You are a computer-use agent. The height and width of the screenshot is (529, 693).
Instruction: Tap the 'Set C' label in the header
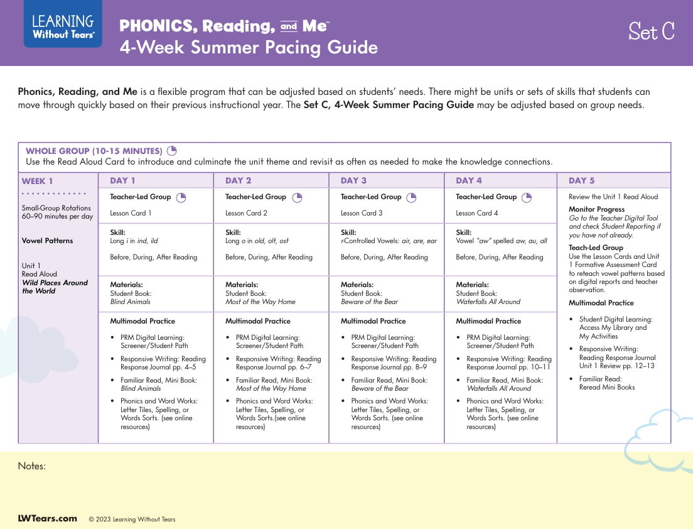(651, 31)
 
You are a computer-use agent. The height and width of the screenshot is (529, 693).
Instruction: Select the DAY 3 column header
(353, 180)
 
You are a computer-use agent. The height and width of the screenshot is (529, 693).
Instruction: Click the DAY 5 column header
(581, 180)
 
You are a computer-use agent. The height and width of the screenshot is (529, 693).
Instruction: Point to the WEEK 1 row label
(38, 182)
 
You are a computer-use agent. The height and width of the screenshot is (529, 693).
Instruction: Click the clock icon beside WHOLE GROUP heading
(172, 151)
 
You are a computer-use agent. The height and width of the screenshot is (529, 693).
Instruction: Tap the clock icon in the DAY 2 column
(297, 197)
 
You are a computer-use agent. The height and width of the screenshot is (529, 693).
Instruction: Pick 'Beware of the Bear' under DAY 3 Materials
(369, 302)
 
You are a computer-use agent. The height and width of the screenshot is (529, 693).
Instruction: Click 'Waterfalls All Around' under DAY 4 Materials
(488, 302)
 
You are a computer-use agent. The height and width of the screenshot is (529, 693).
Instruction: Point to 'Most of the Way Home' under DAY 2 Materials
(261, 302)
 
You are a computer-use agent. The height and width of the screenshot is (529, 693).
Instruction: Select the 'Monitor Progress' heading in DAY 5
(596, 209)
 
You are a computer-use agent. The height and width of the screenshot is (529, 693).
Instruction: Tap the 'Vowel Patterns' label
(47, 241)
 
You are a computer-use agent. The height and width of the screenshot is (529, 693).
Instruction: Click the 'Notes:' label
(32, 466)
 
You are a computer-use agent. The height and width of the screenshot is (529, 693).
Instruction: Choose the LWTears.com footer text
(47, 518)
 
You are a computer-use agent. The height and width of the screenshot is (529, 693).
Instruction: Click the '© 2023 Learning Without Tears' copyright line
(132, 520)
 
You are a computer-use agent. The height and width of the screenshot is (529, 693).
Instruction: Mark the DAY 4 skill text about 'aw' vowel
(501, 241)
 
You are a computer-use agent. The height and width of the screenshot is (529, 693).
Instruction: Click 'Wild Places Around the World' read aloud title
(55, 287)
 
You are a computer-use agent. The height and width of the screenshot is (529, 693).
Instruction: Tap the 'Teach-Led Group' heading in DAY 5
(596, 248)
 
